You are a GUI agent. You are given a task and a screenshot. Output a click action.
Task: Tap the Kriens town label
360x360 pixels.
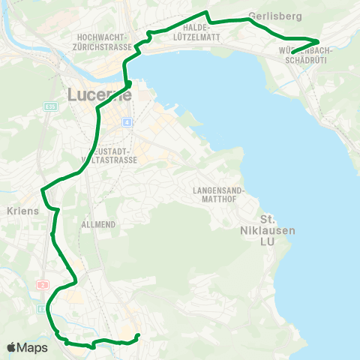[x=22, y=211]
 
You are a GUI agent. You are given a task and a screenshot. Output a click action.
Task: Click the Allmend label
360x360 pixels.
[x=96, y=223]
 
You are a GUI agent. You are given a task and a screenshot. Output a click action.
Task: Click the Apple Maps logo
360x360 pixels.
[x=27, y=347]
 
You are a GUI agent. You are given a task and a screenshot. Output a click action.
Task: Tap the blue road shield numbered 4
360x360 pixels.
[x=128, y=121]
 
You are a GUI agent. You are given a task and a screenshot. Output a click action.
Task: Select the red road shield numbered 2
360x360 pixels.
[x=43, y=285]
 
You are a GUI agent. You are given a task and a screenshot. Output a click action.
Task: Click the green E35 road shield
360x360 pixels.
[x=50, y=107]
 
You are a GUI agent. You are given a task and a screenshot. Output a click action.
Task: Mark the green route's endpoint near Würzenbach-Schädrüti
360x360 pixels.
[x=292, y=52]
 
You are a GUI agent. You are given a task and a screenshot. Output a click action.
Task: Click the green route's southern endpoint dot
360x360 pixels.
[x=138, y=335]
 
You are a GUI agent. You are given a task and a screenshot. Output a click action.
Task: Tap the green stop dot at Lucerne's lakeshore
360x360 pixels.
[x=129, y=83]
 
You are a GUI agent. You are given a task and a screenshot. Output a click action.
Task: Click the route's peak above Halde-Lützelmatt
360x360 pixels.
[x=206, y=12]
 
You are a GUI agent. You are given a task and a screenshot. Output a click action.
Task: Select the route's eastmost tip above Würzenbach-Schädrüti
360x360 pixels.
[x=319, y=41]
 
